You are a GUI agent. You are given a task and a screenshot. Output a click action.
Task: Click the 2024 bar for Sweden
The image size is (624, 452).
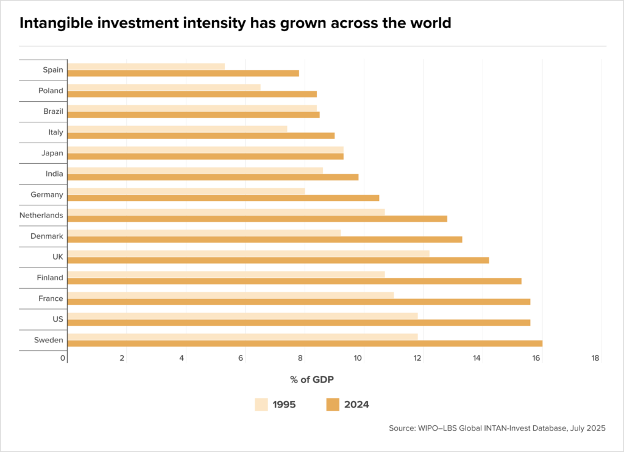(x=305, y=344)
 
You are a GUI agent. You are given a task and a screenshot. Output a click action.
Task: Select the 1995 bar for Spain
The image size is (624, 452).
(x=146, y=66)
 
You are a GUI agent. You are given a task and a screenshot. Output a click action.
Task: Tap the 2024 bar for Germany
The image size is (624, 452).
(x=223, y=198)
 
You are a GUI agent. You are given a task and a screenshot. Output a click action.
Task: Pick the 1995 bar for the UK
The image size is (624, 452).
(x=249, y=253)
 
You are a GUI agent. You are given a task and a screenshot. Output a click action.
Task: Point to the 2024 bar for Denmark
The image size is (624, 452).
(x=264, y=239)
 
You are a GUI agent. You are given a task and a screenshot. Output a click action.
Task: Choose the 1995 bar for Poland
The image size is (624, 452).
(x=164, y=87)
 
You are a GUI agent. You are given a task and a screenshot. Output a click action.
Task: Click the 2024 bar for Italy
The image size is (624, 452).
(x=201, y=136)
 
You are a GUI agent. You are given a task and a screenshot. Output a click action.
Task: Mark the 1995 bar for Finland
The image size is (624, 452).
(x=226, y=274)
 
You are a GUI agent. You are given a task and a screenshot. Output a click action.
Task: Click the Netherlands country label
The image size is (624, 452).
(x=41, y=215)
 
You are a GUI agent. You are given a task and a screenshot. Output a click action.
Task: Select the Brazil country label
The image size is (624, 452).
(x=52, y=111)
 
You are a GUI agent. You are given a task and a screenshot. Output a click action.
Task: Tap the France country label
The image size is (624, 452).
(x=51, y=298)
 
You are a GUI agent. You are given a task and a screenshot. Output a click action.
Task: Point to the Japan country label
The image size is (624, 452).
(x=52, y=153)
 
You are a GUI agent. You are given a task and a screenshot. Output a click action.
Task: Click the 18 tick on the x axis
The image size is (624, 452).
(x=595, y=358)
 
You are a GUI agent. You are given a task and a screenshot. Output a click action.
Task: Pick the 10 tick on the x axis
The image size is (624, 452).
(x=359, y=358)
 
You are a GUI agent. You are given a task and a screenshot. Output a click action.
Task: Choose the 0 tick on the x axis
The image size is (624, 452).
(x=63, y=358)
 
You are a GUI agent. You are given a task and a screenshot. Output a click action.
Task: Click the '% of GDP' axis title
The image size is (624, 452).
(x=312, y=380)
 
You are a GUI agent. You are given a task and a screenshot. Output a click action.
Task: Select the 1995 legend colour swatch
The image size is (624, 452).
(x=261, y=404)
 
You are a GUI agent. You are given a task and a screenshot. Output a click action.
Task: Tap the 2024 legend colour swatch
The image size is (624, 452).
(x=333, y=404)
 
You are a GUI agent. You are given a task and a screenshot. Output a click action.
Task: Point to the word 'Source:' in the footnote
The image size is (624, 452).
(x=403, y=429)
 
